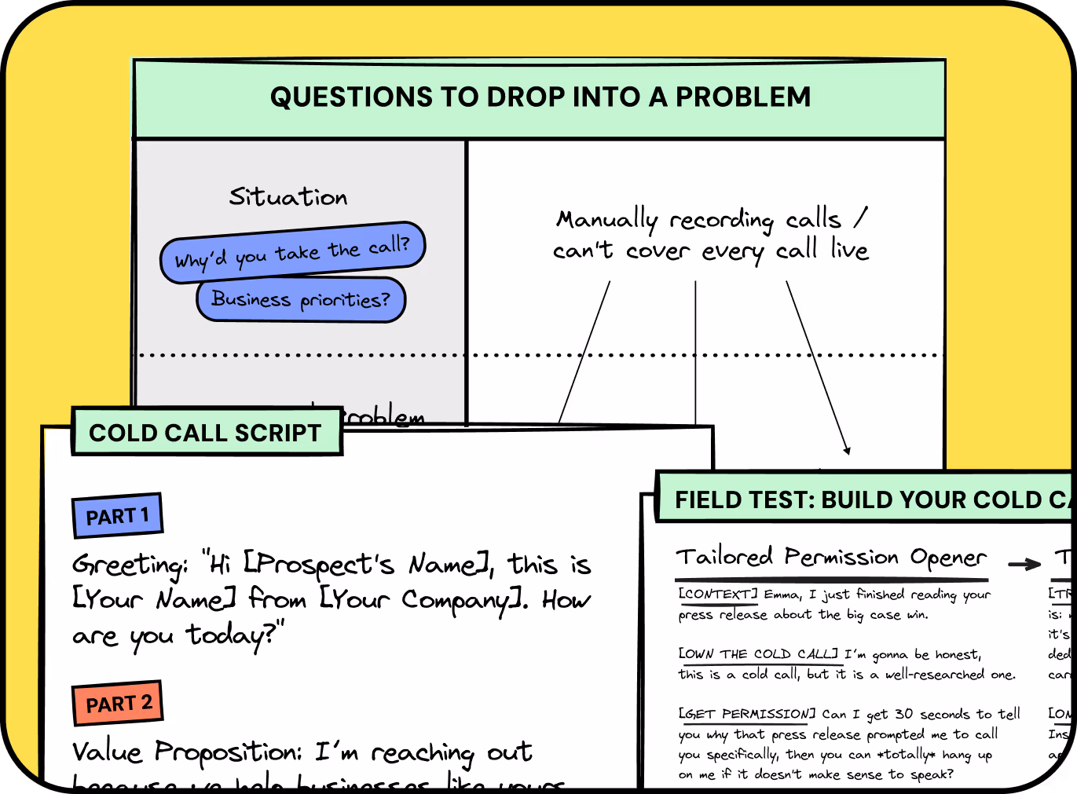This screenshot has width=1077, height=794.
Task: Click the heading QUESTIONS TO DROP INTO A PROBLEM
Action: [540, 97]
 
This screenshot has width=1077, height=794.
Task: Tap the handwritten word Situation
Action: [288, 196]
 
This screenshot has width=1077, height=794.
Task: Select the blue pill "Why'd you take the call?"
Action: [292, 252]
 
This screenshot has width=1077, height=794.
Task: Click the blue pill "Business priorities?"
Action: [300, 299]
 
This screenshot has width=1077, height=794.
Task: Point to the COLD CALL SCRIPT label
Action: [206, 433]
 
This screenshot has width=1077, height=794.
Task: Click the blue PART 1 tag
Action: [117, 516]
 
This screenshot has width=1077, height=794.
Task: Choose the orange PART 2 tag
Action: [118, 703]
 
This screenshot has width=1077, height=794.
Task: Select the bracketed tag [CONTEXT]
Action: [718, 594]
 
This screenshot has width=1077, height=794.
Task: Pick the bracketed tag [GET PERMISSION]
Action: [747, 714]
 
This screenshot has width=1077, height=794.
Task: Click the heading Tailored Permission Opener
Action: [830, 557]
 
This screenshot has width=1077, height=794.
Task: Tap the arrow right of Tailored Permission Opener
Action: [1024, 564]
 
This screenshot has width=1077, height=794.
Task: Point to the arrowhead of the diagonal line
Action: [847, 450]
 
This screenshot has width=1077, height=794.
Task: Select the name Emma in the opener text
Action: [782, 595]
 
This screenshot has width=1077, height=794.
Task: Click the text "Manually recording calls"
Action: [698, 219]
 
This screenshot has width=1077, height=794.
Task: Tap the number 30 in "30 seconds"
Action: [903, 714]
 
